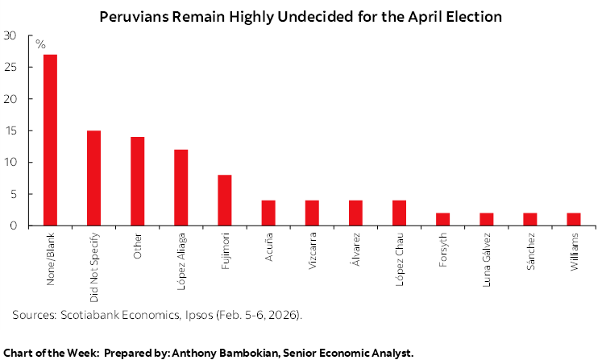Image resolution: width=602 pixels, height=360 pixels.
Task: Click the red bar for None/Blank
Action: (x=50, y=140)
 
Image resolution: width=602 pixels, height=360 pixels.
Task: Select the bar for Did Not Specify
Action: (x=93, y=178)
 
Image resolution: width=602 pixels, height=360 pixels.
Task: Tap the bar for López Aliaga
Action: (x=181, y=188)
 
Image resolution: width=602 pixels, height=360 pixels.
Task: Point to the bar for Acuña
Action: (x=268, y=213)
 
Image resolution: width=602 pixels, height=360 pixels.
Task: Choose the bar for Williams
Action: (x=573, y=219)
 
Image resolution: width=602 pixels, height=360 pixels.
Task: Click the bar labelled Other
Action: (x=137, y=181)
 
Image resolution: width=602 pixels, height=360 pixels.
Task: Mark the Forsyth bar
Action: (x=442, y=219)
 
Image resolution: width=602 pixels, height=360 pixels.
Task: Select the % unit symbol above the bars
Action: (x=40, y=43)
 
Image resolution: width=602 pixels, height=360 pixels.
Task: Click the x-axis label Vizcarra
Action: (x=312, y=251)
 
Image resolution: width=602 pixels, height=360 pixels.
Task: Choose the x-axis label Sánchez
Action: (x=529, y=251)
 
